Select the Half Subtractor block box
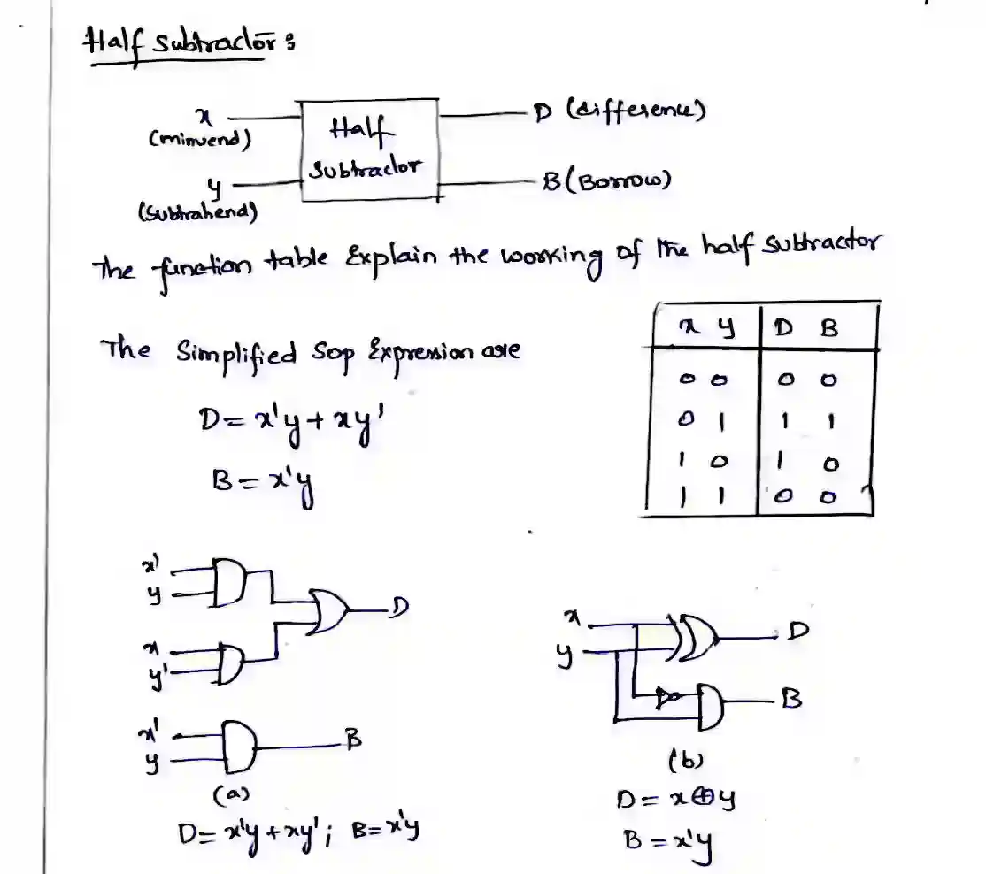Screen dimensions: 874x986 (x=369, y=149)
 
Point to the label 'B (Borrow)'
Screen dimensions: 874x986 (x=606, y=180)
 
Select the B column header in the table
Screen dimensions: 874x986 (x=829, y=328)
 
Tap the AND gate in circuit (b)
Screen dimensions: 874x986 (x=710, y=704)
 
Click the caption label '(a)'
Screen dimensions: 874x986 (x=226, y=795)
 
